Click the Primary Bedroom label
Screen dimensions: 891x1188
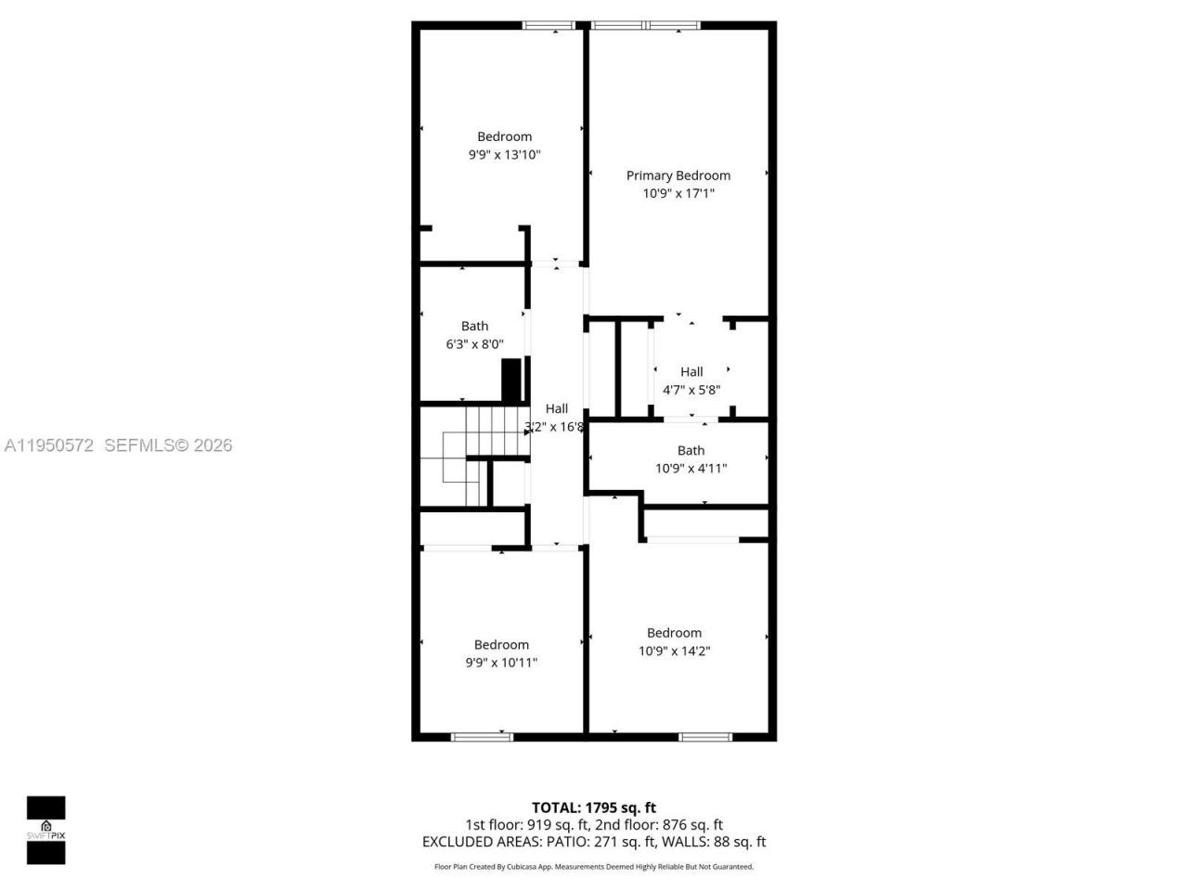(x=678, y=175)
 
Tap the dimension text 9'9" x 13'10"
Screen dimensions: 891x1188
(x=504, y=155)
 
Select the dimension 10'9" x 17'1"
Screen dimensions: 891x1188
(x=678, y=194)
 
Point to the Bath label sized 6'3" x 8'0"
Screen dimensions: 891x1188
(x=474, y=326)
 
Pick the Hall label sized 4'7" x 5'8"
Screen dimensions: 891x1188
(x=691, y=371)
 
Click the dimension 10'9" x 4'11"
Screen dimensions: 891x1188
(x=691, y=469)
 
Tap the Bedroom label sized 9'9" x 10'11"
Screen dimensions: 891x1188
(x=501, y=644)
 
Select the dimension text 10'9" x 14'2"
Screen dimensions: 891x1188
(x=674, y=652)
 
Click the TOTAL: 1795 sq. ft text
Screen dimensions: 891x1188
(x=593, y=807)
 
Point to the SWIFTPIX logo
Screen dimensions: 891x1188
(x=45, y=830)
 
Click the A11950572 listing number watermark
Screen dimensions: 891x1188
(x=49, y=445)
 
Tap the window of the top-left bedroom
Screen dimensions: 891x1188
(x=551, y=26)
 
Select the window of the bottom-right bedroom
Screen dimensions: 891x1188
(x=705, y=737)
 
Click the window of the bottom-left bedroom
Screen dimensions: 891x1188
(x=482, y=737)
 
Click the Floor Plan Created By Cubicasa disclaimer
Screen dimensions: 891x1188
(x=594, y=867)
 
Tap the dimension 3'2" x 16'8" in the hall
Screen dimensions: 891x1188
(x=555, y=427)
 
